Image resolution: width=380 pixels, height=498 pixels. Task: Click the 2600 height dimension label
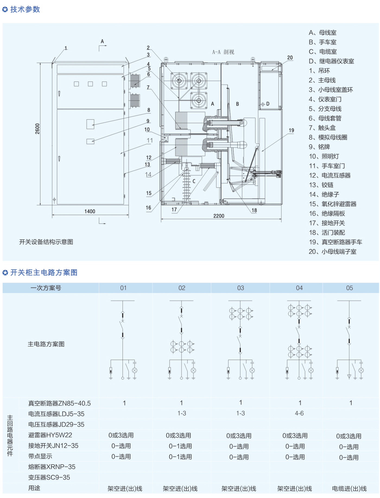pos(37,129)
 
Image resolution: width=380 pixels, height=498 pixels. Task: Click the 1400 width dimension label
pos(90,211)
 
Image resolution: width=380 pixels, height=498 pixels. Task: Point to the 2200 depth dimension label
pos(219,216)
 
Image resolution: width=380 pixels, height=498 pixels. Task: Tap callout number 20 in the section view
pos(290,58)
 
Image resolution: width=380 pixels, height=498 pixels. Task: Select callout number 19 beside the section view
pos(291,130)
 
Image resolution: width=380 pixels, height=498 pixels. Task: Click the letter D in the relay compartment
pos(268,104)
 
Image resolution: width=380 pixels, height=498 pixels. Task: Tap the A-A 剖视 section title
pos(223,52)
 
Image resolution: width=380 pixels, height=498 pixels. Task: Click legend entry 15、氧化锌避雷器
pos(332,204)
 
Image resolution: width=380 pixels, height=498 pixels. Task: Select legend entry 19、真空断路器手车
pos(335,242)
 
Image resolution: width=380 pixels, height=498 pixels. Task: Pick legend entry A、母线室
pos(322,33)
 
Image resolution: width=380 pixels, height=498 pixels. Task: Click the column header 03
pos(240,288)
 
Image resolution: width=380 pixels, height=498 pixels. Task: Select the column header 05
pos(349,288)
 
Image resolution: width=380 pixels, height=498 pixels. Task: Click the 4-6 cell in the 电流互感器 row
pos(299,413)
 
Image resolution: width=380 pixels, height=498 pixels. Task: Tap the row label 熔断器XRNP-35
pos(52,467)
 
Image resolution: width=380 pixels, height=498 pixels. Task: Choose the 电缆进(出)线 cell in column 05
pos(349,488)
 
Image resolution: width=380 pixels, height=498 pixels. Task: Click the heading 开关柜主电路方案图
pos(44,273)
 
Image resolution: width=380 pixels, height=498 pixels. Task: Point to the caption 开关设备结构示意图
pos(46,242)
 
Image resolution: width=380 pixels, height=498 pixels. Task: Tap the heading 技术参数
pos(25,9)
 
